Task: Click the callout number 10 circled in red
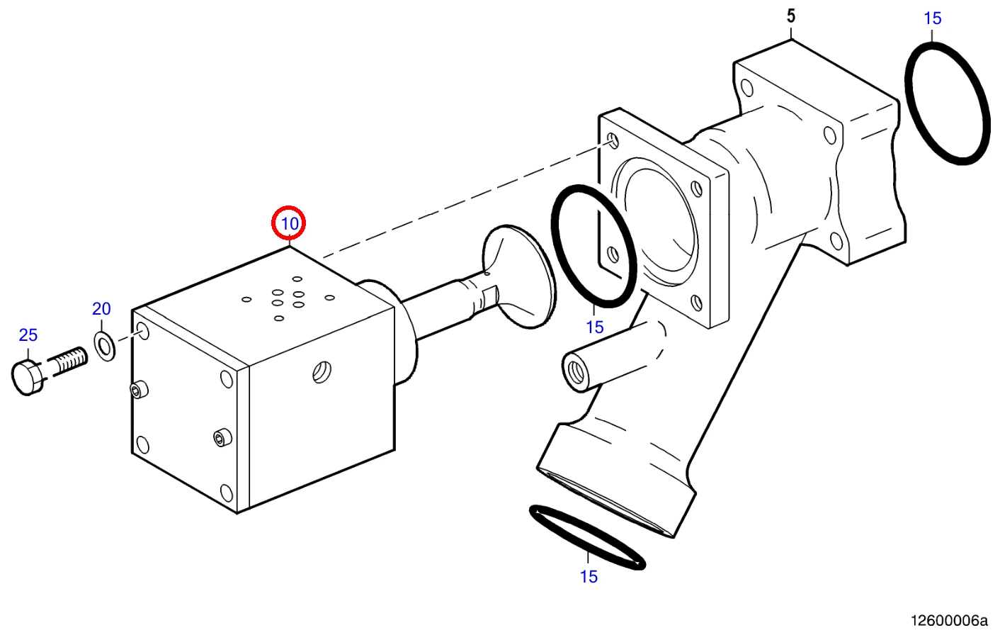coord(289,223)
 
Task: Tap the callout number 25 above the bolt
coord(28,335)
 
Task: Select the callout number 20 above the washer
coord(101,308)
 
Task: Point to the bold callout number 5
coord(790,16)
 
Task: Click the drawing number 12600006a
coord(949,621)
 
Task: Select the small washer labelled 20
coord(105,347)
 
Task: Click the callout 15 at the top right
coord(932,18)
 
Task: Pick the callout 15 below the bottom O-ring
coord(589,576)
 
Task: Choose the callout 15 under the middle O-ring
coord(595,327)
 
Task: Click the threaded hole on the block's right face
coord(322,372)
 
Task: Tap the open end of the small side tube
coord(575,371)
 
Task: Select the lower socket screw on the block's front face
coord(222,437)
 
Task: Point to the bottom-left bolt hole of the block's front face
coord(143,445)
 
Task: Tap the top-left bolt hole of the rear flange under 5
coord(746,88)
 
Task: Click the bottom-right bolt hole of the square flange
coord(696,303)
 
